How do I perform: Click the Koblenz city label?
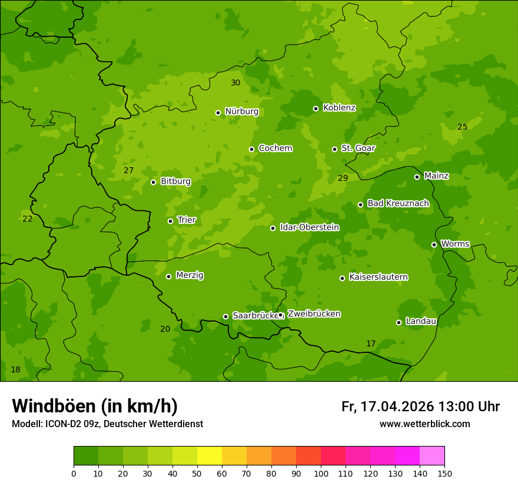tap(339, 108)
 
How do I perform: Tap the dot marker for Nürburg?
tap(218, 113)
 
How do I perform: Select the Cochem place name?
tap(275, 148)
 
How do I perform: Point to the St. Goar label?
tap(358, 148)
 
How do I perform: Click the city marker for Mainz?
tap(417, 177)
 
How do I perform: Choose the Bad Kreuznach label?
tap(398, 203)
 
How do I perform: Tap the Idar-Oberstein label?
tap(309, 227)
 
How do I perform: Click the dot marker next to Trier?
tap(170, 221)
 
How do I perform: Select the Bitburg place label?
tap(175, 181)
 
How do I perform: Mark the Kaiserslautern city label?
tap(378, 277)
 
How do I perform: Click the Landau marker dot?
tap(399, 322)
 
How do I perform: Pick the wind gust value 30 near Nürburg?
tap(235, 82)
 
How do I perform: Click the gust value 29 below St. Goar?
tap(343, 178)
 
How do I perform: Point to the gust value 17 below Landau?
tap(371, 343)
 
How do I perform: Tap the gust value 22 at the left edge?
tap(28, 219)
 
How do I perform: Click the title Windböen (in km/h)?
tap(95, 406)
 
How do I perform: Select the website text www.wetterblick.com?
tap(424, 424)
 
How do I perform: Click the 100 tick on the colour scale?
tap(321, 473)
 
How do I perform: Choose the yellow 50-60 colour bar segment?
tap(210, 456)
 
